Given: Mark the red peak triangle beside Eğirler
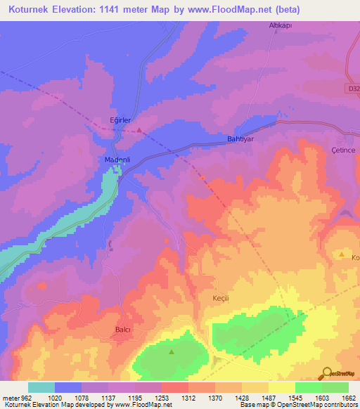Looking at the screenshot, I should point(140,130).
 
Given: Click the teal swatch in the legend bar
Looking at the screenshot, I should point(41,387).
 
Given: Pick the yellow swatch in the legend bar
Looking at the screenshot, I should point(282,387).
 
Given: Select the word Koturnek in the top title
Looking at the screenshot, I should point(32,9).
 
